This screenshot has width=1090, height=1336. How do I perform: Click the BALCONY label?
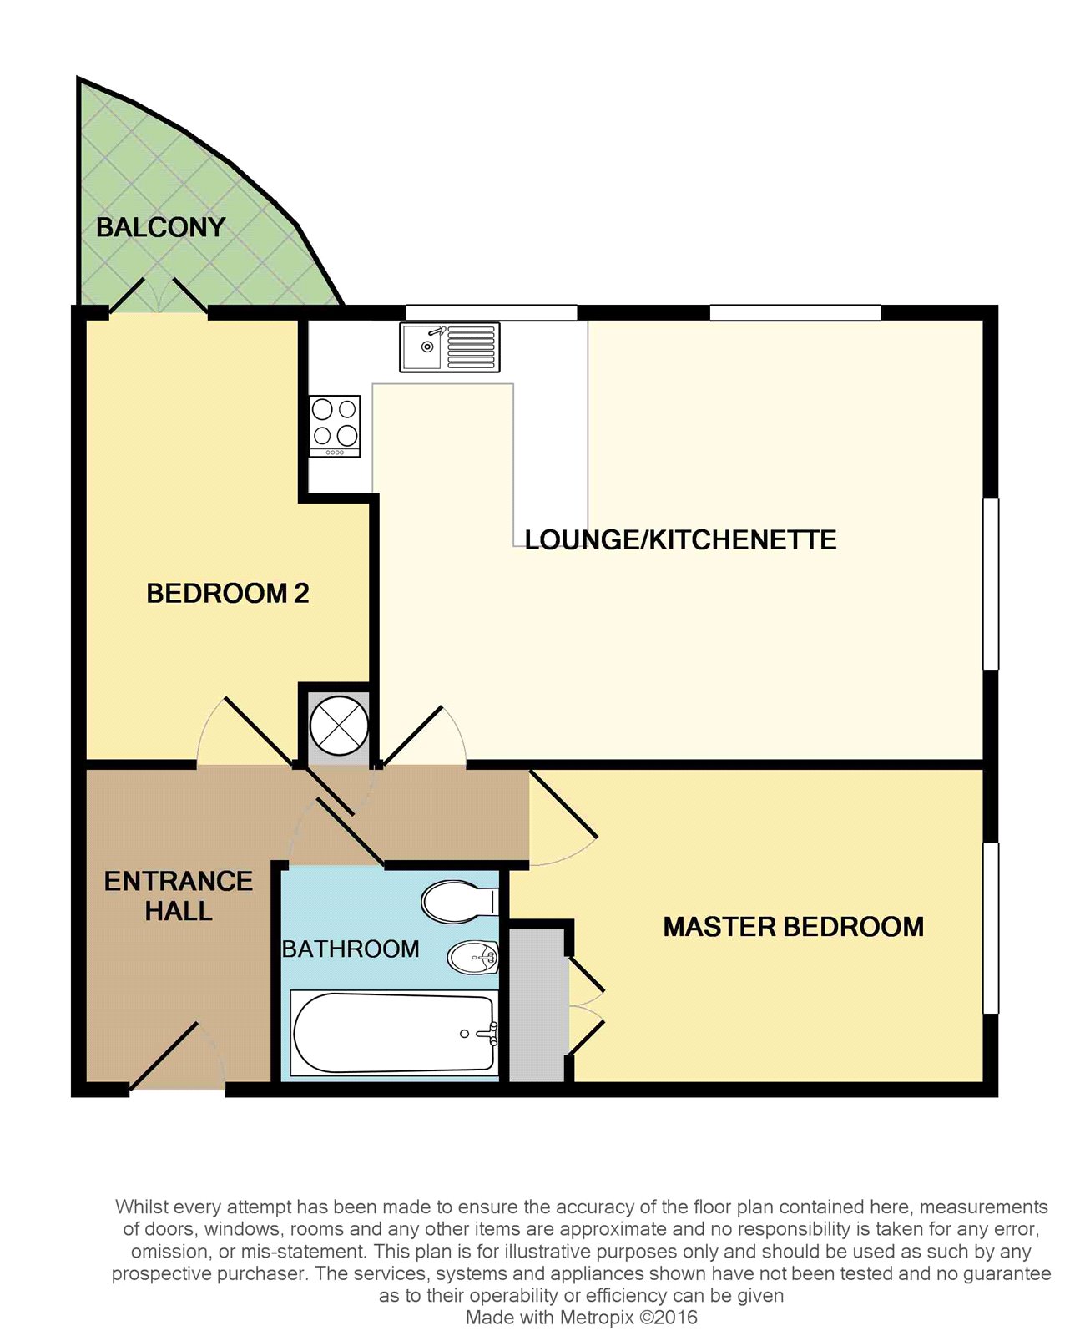(x=160, y=227)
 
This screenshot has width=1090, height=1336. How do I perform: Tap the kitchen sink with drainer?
(x=450, y=347)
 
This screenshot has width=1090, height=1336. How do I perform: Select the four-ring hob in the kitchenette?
(x=335, y=425)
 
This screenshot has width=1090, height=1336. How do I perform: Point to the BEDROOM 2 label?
(x=228, y=594)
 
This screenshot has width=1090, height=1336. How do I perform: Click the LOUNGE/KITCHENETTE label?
(x=680, y=540)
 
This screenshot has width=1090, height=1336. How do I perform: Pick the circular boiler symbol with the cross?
(x=338, y=725)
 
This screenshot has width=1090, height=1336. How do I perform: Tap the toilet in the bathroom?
(x=460, y=902)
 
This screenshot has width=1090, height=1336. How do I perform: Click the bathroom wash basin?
(x=473, y=958)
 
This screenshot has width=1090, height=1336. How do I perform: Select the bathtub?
(x=394, y=1033)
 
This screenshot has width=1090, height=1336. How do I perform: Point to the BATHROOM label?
(x=351, y=949)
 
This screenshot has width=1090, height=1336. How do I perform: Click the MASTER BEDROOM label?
(x=793, y=927)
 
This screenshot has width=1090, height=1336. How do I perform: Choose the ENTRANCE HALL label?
(x=178, y=896)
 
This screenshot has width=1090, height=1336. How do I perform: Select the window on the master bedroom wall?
(x=991, y=928)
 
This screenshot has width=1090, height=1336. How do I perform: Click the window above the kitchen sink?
(x=491, y=313)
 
